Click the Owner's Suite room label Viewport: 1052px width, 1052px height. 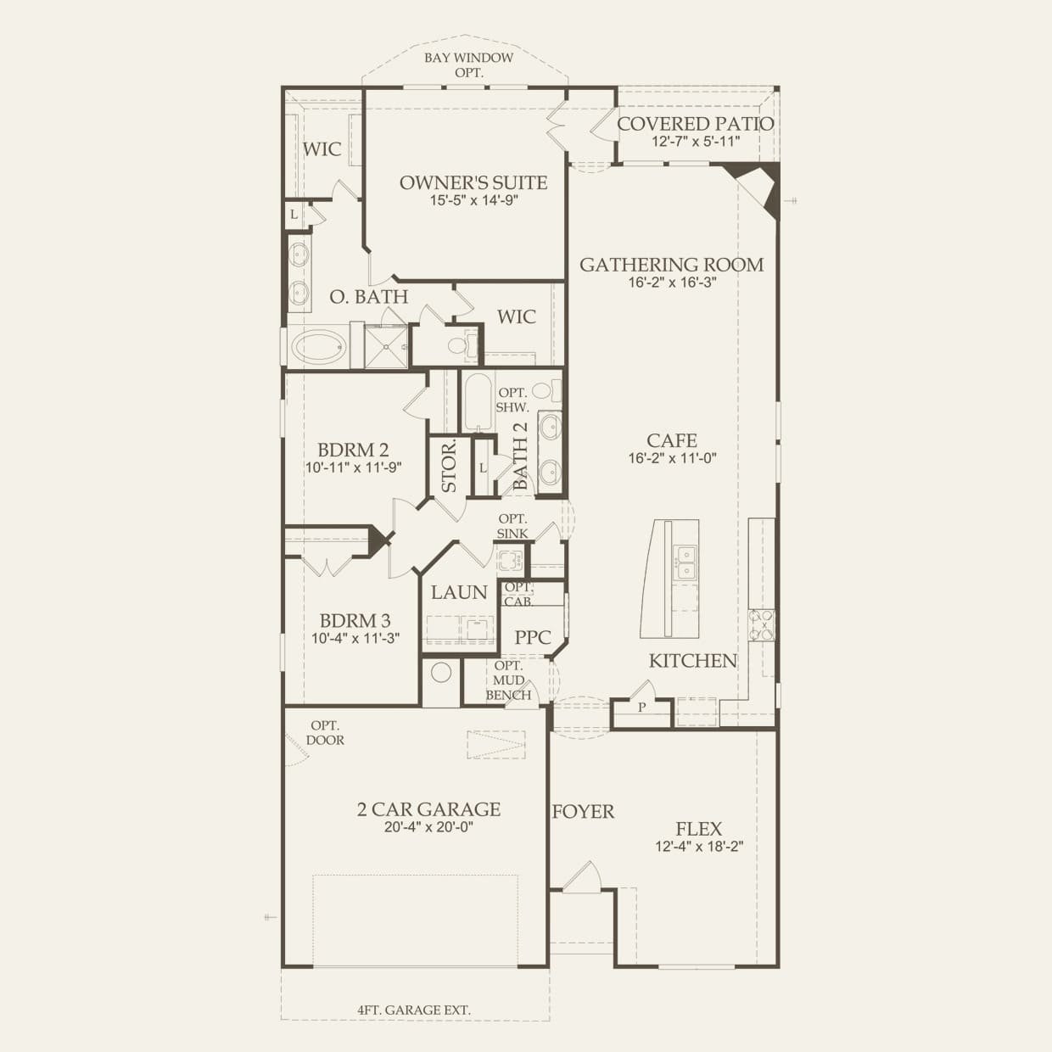click(x=473, y=182)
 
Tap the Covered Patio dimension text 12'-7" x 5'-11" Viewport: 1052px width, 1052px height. click(x=696, y=142)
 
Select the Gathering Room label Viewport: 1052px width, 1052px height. click(x=671, y=265)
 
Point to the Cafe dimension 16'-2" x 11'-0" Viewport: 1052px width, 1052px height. click(x=671, y=458)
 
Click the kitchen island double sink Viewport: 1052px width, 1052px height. click(x=685, y=562)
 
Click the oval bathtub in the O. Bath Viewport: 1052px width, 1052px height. click(x=319, y=346)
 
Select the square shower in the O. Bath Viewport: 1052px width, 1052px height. click(x=385, y=346)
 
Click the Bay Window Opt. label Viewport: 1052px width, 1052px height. click(x=469, y=64)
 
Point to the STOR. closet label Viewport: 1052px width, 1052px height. click(x=448, y=467)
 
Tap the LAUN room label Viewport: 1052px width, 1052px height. click(x=459, y=592)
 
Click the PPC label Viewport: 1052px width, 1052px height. click(x=533, y=637)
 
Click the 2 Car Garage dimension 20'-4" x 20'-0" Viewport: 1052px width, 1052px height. click(x=428, y=827)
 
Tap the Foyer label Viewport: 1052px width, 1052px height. click(x=583, y=812)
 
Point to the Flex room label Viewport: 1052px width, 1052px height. click(x=699, y=829)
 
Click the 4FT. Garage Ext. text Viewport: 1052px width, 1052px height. click(x=414, y=1010)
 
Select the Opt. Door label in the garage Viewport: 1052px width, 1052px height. click(x=326, y=733)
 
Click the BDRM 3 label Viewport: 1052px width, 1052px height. click(x=355, y=621)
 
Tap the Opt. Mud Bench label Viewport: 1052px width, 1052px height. click(x=508, y=680)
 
